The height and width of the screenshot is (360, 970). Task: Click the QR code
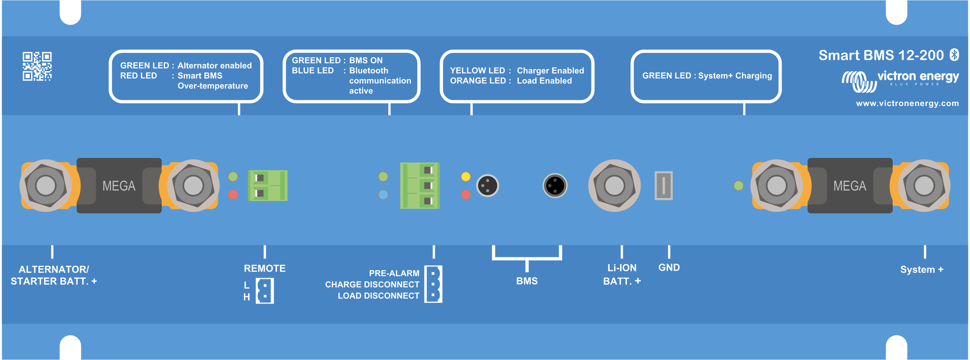click(x=37, y=66)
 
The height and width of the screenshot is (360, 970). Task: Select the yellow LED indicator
click(x=466, y=176)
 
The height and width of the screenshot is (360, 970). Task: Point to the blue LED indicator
click(x=383, y=195)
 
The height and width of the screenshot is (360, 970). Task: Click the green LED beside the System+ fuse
click(x=739, y=186)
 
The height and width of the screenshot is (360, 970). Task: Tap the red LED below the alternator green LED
click(x=233, y=195)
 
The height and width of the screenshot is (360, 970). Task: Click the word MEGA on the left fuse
click(x=119, y=186)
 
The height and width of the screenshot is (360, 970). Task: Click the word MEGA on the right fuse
click(x=850, y=186)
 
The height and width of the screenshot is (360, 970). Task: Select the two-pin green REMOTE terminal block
click(x=267, y=186)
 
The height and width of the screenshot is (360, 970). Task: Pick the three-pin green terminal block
click(x=419, y=186)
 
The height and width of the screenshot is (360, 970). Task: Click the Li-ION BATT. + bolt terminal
click(x=614, y=186)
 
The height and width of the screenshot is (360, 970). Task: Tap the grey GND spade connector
click(x=664, y=186)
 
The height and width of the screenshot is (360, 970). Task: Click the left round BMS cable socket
click(x=488, y=186)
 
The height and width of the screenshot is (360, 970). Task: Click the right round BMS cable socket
click(x=555, y=186)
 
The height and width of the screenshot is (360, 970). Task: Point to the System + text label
click(x=921, y=270)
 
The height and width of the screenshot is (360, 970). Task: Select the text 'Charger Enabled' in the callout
click(x=550, y=71)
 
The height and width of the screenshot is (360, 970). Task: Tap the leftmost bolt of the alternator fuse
click(x=46, y=186)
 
